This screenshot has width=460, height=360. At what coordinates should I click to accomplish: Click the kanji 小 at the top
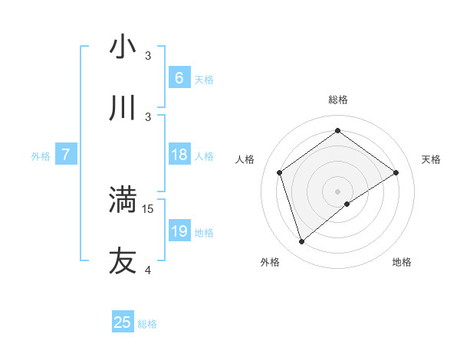[123, 47]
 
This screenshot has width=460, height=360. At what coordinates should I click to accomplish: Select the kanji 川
[123, 108]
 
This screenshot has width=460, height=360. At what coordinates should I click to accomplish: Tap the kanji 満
[123, 200]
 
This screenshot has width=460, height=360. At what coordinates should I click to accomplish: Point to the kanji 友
[123, 260]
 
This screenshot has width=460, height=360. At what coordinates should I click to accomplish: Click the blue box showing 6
[179, 78]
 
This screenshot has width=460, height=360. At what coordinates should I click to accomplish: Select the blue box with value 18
[179, 155]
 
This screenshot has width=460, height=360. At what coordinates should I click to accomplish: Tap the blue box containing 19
[179, 231]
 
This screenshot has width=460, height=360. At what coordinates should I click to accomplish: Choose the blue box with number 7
[66, 155]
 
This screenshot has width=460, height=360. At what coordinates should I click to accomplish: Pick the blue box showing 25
[123, 322]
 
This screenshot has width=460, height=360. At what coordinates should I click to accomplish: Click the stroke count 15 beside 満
[149, 208]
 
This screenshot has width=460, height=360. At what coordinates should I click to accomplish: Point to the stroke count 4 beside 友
[149, 270]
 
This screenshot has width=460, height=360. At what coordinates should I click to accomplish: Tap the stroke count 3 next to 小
[149, 56]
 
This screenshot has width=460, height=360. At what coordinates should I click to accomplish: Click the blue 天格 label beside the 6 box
[204, 80]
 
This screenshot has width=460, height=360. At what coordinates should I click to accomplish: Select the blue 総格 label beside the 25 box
[147, 324]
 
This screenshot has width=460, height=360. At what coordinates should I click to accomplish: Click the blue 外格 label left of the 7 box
[41, 156]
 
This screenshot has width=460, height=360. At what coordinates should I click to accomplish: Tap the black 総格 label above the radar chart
[337, 100]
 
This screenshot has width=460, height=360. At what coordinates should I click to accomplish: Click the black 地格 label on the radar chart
[402, 262]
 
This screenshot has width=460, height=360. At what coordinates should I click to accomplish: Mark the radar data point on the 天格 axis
[396, 172]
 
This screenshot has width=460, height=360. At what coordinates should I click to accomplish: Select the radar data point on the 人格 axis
[280, 172]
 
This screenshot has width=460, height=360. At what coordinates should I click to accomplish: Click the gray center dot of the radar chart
[337, 191]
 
